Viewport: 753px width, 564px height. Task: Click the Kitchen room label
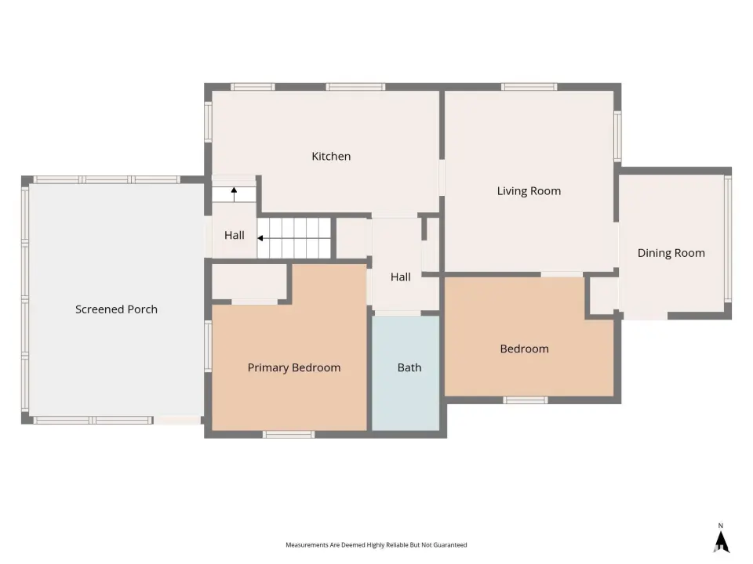331,157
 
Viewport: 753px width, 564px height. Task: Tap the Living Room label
529,191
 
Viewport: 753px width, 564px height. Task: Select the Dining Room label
671,253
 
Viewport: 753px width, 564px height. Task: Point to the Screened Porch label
116,309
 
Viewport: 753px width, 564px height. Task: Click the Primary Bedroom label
294,368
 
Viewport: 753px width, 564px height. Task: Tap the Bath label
409,368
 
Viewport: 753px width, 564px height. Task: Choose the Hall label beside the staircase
235,236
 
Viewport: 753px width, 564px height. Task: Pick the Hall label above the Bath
401,277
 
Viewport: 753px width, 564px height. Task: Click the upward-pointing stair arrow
234,194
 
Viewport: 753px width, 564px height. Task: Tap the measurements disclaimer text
376,545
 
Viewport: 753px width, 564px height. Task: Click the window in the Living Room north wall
529,87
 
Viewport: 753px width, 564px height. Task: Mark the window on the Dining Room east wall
728,239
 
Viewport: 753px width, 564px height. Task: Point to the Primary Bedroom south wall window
289,435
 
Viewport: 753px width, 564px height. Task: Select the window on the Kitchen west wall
208,121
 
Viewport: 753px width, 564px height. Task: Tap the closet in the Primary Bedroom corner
249,282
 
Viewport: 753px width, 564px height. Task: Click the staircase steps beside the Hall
294,238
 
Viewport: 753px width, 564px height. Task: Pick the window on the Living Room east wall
617,136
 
